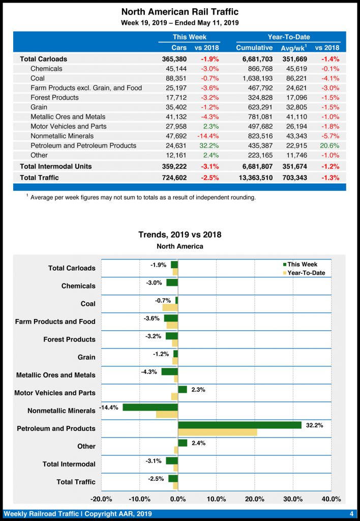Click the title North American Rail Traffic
180,12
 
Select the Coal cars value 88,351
175,78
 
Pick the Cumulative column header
254,48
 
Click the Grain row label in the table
39,107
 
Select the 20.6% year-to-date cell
329,146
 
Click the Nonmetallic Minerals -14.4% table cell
206,136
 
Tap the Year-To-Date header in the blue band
289,37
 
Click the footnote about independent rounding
142,197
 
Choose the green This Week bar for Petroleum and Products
239,425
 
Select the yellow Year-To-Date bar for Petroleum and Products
218,432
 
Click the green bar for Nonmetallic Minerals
150,407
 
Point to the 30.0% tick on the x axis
293,499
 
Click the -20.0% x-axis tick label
101,499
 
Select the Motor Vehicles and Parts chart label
54,393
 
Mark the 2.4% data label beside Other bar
199,443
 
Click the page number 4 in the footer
351,513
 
